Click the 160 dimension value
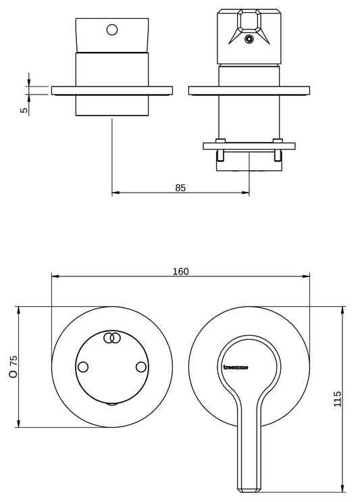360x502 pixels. tap(181, 272)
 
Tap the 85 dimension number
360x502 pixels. tap(180, 188)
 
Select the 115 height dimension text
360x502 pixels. tap(338, 399)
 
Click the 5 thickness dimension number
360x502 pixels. tap(24, 110)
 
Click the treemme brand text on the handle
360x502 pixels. tap(236, 368)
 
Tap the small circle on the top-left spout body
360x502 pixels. tap(112, 30)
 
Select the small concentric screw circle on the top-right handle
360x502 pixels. tap(249, 39)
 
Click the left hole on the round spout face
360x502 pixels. tap(83, 367)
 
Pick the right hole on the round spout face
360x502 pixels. tap(140, 367)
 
